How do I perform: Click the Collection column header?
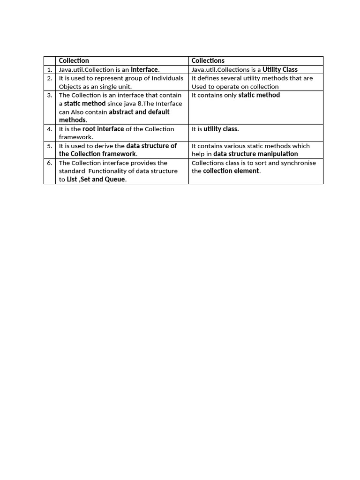coord(74,60)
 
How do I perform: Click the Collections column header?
coord(208,60)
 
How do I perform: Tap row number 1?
coord(49,69)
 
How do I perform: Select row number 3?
coord(49,95)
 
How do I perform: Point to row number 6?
coord(49,163)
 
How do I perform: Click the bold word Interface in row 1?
coord(144,69)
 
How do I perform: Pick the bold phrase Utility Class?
coord(280,69)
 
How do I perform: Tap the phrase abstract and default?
coord(139,112)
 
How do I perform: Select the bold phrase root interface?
coord(103,129)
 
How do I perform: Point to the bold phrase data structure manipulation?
coord(255,154)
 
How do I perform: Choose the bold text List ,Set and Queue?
coord(96,180)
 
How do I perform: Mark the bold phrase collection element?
coord(231,171)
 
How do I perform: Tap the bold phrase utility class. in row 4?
coord(221,129)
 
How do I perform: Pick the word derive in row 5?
coord(104,146)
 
